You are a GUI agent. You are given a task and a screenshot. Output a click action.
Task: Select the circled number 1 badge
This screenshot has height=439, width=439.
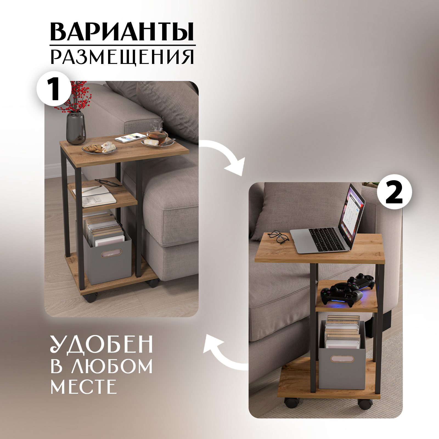click(54, 88)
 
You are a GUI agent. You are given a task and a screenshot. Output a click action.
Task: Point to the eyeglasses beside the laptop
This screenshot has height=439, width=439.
click(279, 237)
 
